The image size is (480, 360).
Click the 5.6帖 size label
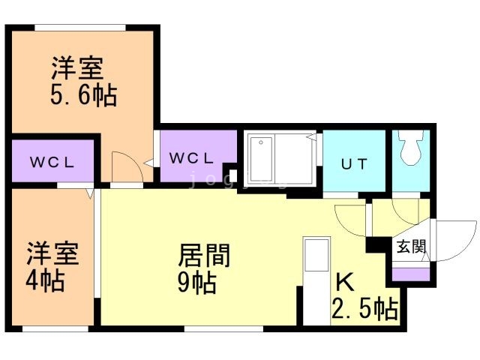coord(83,95)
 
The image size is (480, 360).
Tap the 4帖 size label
coord(45,280)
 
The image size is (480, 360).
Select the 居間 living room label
coord(204,256)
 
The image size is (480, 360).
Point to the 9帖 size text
coord(197,282)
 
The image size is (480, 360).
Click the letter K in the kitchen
coord(345,282)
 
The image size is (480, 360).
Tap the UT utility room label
coord(354,164)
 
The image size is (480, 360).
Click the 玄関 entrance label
coord(411,247)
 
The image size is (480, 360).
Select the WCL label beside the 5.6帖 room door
coord(52,162)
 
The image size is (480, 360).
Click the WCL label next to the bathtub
coord(191,158)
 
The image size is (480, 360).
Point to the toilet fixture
coord(411,148)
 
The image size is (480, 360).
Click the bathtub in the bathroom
coord(261,159)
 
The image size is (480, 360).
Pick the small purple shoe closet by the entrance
coord(411,274)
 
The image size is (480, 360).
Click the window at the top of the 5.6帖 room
coord(80,28)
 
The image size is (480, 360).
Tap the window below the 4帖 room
coord(55,329)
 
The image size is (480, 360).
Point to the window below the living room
coord(223,329)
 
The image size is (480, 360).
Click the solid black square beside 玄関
coord(375,244)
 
